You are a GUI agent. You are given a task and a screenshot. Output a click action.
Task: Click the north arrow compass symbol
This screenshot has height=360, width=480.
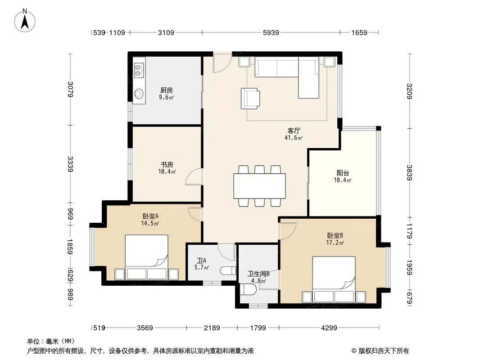(25, 21)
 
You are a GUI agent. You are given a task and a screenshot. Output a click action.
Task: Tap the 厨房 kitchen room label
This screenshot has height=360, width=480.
(167, 90)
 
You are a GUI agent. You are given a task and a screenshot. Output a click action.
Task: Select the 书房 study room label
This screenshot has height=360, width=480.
(167, 165)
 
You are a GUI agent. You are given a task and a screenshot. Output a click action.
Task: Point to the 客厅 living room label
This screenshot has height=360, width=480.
(294, 130)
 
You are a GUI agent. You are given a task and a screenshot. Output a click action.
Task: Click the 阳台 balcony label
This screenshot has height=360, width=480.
(343, 173)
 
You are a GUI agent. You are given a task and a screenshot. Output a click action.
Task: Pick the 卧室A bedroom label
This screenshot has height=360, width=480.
(150, 216)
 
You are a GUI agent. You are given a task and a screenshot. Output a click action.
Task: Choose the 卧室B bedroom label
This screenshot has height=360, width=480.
(335, 235)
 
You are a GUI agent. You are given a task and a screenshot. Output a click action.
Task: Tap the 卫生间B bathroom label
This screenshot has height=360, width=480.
(258, 274)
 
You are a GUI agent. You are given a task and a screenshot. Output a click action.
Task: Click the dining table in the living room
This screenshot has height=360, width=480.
(260, 186)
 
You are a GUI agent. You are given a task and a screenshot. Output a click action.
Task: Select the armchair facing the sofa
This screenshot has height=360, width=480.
(250, 99)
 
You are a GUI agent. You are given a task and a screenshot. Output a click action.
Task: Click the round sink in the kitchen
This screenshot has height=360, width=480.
(139, 94)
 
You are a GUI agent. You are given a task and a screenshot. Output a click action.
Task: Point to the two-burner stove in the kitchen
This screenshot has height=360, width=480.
(139, 70)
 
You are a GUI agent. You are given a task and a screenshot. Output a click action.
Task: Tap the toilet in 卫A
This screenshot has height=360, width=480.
(228, 271)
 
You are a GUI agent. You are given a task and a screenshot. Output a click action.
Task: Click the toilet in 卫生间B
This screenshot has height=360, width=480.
(248, 289)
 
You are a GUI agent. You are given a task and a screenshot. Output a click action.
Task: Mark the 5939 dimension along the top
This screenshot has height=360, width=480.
(271, 32)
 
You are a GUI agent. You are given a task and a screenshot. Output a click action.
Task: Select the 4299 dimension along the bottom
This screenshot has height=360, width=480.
(329, 328)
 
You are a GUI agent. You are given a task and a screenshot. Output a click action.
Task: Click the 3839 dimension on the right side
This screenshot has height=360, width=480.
(409, 172)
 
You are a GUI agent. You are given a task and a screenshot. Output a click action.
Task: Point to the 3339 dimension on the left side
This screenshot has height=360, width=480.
(70, 164)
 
